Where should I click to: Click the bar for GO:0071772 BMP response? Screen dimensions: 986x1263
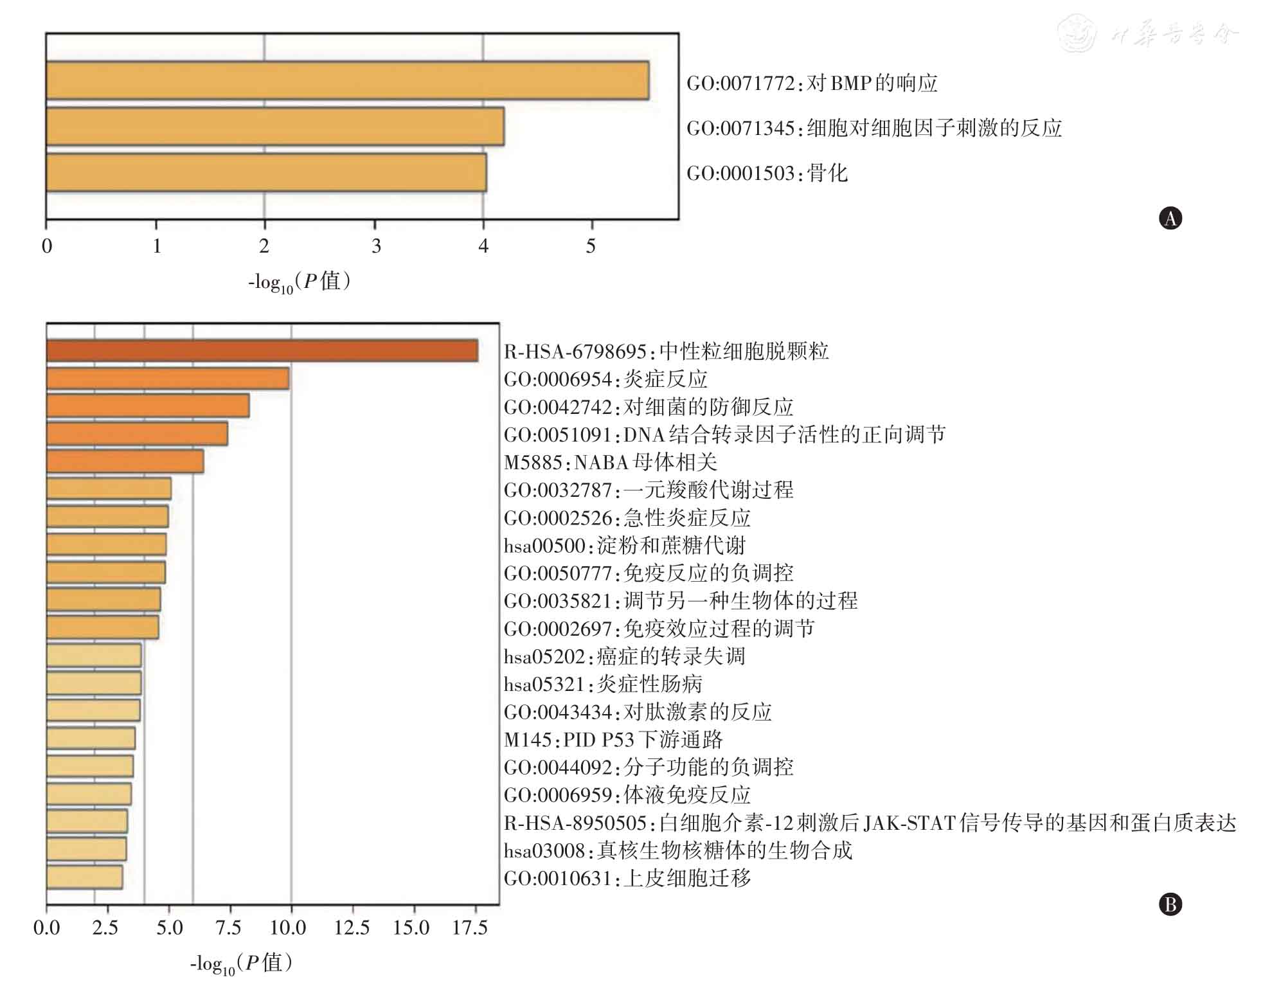(347, 81)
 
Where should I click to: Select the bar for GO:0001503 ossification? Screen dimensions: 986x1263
(266, 172)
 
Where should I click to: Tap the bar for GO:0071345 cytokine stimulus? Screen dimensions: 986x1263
(274, 127)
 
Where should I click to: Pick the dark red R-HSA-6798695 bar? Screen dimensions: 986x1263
(262, 351)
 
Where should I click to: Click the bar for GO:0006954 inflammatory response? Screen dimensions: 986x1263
(168, 379)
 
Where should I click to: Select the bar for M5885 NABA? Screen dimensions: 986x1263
(125, 462)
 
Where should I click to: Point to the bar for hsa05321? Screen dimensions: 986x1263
(94, 683)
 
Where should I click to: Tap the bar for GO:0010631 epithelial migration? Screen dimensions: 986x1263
(84, 877)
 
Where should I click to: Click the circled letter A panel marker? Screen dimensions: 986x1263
(1170, 219)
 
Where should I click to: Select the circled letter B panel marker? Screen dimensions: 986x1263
(1170, 904)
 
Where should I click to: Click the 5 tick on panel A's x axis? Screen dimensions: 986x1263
(591, 246)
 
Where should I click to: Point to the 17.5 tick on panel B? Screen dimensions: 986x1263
(470, 928)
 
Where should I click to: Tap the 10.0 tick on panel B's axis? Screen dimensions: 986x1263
(288, 928)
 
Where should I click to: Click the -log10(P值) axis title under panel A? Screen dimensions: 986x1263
(300, 282)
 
